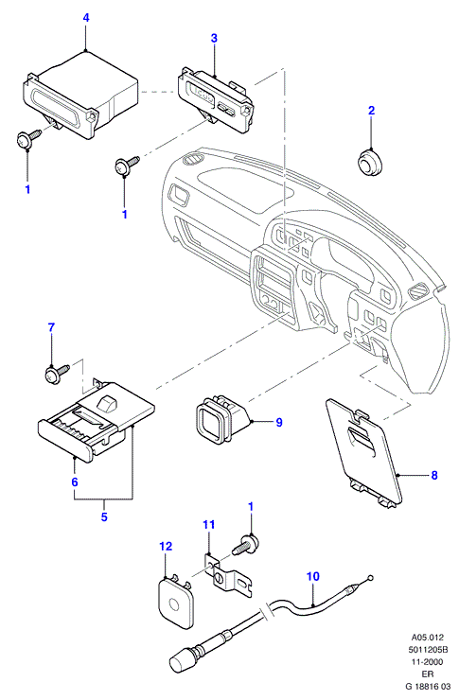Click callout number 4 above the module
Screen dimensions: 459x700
tap(86, 18)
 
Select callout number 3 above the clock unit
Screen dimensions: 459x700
tap(214, 39)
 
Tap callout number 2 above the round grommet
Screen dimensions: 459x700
tap(372, 111)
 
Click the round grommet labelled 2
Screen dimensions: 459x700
tap(370, 162)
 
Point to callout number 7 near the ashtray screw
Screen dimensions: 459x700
tap(51, 327)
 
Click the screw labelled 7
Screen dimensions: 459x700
tap(57, 373)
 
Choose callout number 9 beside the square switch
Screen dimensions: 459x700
tap(279, 422)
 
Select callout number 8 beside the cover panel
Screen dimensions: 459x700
tap(434, 475)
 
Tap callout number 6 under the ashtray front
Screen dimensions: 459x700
tap(75, 482)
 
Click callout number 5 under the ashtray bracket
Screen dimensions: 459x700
tap(104, 517)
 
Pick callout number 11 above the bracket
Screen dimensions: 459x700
tap(209, 524)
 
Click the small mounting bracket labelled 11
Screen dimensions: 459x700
tap(227, 575)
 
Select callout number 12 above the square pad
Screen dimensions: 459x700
tap(166, 547)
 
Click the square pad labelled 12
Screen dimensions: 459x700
tap(176, 602)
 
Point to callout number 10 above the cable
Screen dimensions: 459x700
tap(313, 576)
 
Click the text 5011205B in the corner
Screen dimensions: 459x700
tap(429, 649)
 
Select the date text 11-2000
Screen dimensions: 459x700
tap(428, 661)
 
